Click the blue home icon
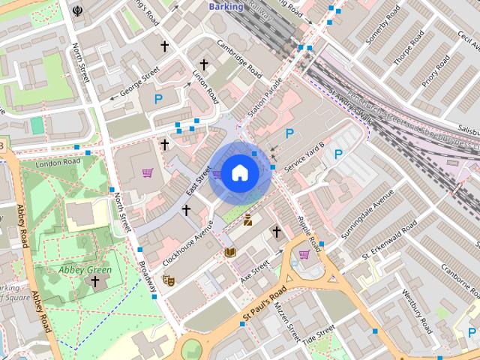(239, 173)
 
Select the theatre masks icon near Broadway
(169, 280)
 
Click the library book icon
(230, 251)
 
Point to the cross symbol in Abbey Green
(94, 281)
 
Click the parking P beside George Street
(158, 98)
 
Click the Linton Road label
(206, 87)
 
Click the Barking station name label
(226, 7)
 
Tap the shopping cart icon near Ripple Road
(304, 254)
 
